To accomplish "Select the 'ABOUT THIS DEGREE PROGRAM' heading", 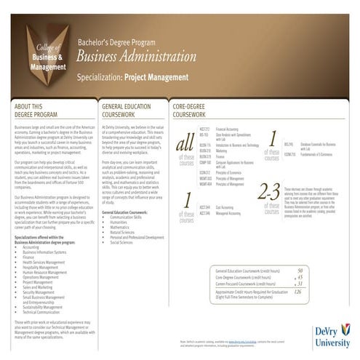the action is [x=33, y=111].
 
